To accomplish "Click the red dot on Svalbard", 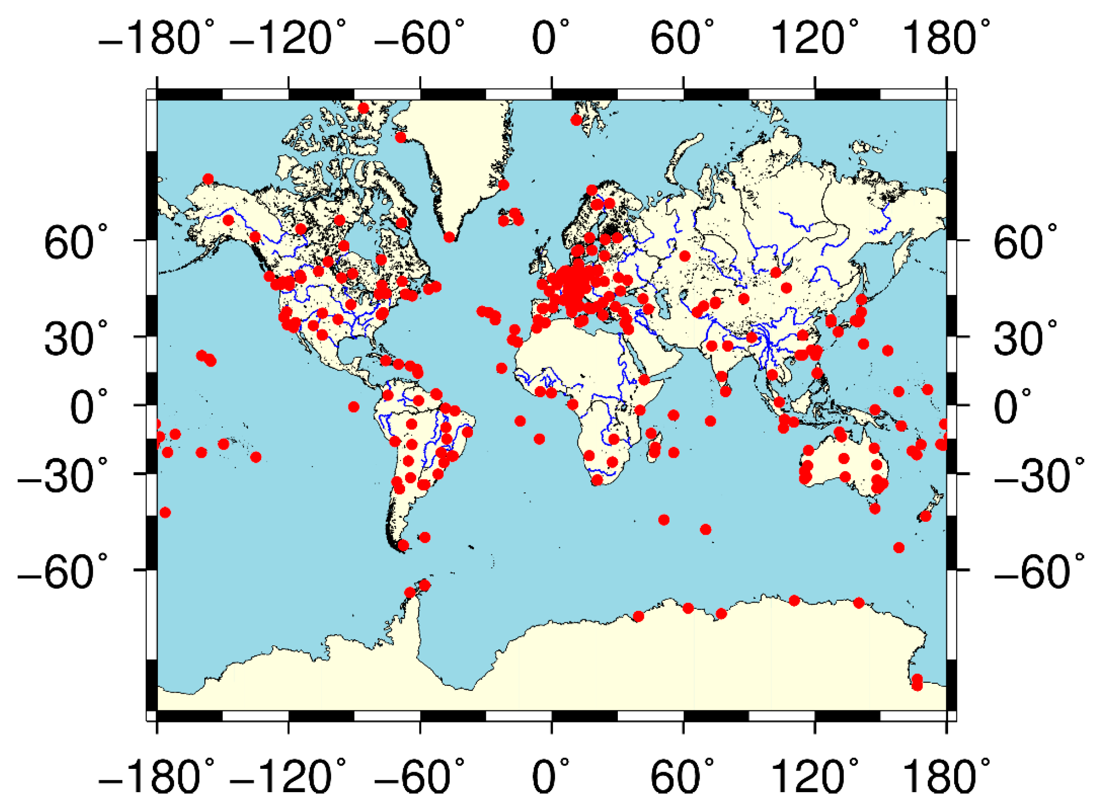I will [576, 120].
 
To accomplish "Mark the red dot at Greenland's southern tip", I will [449, 237].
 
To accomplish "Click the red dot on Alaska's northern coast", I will [208, 179].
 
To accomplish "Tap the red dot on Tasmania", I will [875, 509].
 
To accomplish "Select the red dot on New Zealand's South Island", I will [925, 516].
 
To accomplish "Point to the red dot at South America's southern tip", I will [403, 545].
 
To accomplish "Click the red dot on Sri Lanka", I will [726, 391].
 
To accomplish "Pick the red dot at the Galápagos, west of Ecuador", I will [354, 407].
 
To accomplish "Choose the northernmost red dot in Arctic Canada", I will [363, 108].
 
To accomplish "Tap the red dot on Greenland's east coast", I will [504, 184].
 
